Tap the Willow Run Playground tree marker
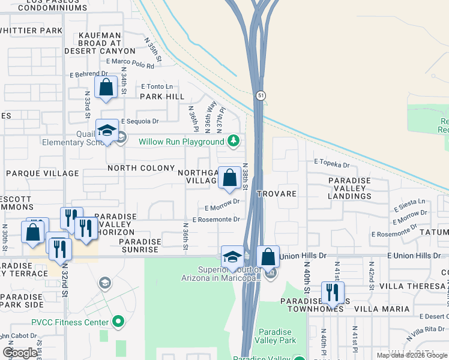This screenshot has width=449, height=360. coord(234,142)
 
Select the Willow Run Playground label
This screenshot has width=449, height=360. coord(181,142)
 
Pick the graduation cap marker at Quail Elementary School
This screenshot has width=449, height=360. coord(107,131)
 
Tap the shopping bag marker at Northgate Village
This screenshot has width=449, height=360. coord(229,178)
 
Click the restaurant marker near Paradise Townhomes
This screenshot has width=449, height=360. coord(332,293)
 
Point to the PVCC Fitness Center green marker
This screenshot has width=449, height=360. coord(118,322)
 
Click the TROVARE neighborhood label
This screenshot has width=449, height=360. coord(277,194)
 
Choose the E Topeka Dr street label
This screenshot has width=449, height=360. coord(331,163)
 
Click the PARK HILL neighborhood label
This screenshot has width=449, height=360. coord(162,96)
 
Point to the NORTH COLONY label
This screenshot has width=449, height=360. coord(141,169)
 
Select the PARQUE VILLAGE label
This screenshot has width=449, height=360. coord(42,173)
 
